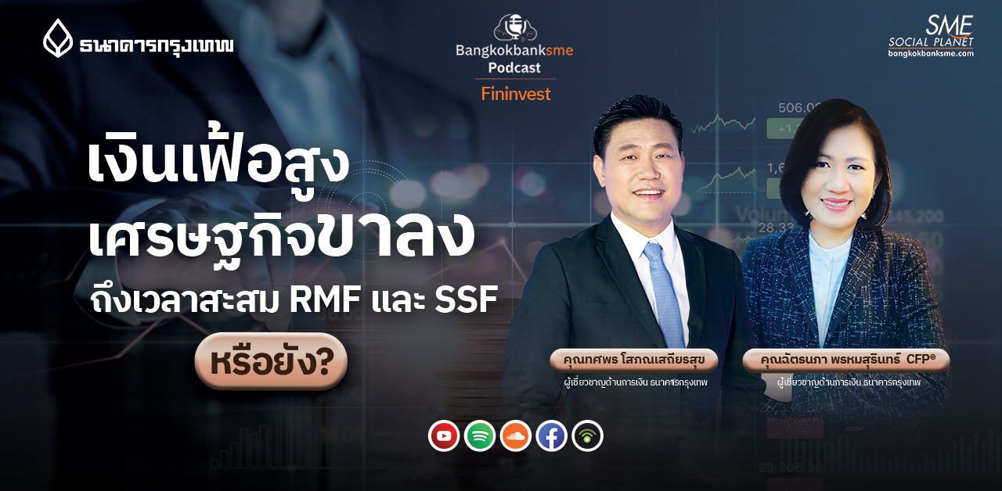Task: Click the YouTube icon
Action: (x=444, y=436)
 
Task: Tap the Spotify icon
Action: (x=480, y=436)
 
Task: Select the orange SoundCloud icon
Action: (x=516, y=436)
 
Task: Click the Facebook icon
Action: (x=552, y=436)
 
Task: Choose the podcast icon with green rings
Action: (x=587, y=436)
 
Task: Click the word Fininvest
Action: (x=515, y=94)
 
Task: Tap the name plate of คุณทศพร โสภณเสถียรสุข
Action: (x=633, y=360)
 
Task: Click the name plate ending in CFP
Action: (x=845, y=360)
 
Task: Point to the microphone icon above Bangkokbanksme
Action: (x=515, y=27)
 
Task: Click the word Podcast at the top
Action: (x=515, y=68)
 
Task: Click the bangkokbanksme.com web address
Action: (x=931, y=53)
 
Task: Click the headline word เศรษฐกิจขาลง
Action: (x=282, y=235)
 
